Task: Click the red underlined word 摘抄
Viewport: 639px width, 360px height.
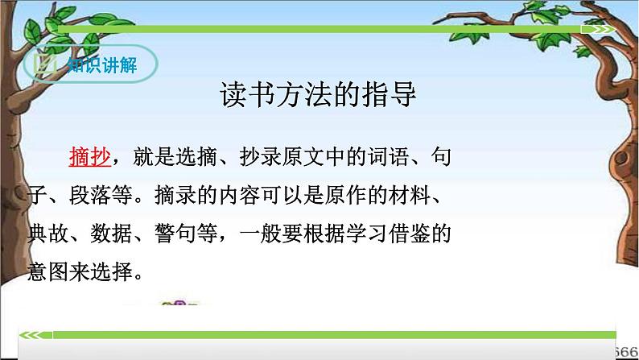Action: [x=89, y=156]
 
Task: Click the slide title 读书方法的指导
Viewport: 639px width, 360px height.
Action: [x=319, y=96]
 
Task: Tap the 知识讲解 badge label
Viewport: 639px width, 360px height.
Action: [x=101, y=65]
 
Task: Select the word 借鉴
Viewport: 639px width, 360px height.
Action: [x=417, y=235]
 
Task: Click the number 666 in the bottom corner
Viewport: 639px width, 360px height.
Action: [x=628, y=351]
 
